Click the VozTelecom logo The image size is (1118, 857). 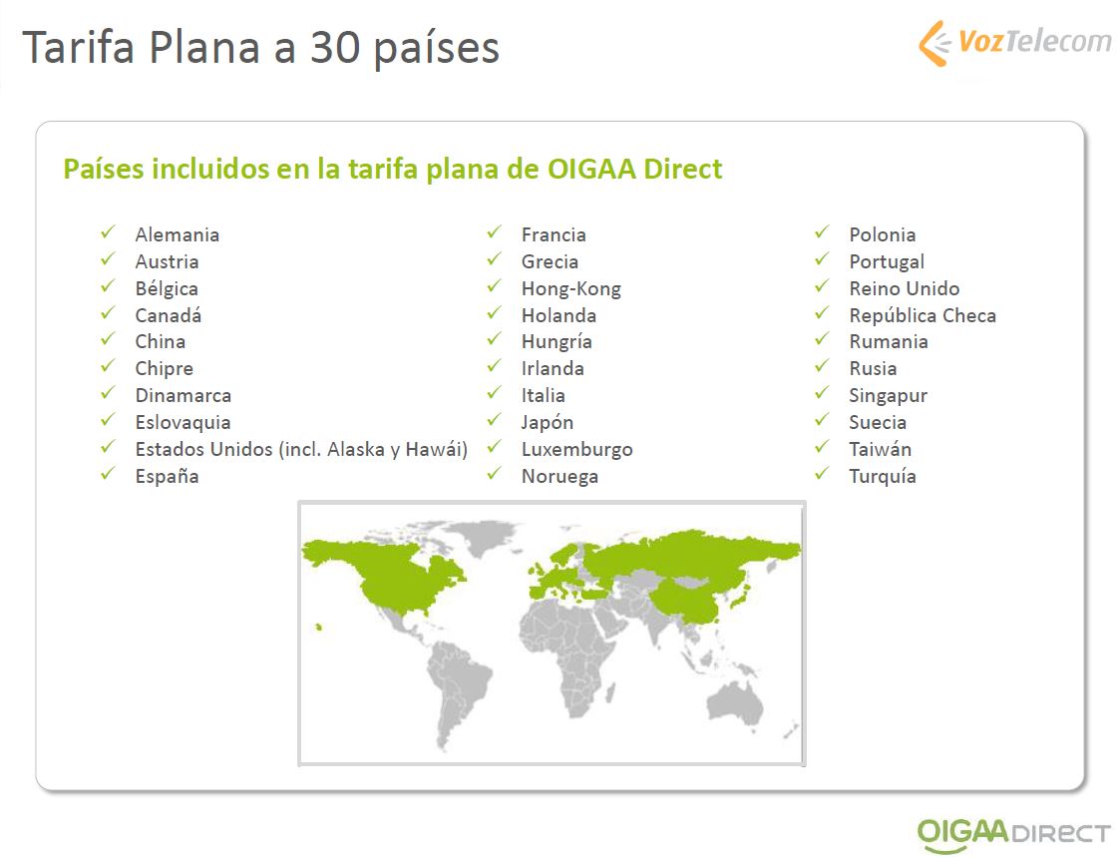[1014, 43]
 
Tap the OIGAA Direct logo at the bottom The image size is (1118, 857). [1013, 833]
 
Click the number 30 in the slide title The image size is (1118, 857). [334, 48]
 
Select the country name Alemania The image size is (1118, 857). [177, 234]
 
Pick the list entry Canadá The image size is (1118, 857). [169, 314]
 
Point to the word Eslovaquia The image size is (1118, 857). [183, 422]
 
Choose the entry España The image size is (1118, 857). [167, 476]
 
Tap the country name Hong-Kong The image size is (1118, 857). [571, 288]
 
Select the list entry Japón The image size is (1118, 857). [547, 422]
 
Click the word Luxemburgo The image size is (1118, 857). [576, 450]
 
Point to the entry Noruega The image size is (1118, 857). [559, 476]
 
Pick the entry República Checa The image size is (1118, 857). [923, 315]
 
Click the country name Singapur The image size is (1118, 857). [888, 396]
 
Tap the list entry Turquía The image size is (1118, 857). [882, 476]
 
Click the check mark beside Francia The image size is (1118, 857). [495, 232]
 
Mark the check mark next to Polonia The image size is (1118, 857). [822, 232]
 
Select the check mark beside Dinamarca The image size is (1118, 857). [108, 393]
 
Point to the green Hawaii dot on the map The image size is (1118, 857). [319, 628]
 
